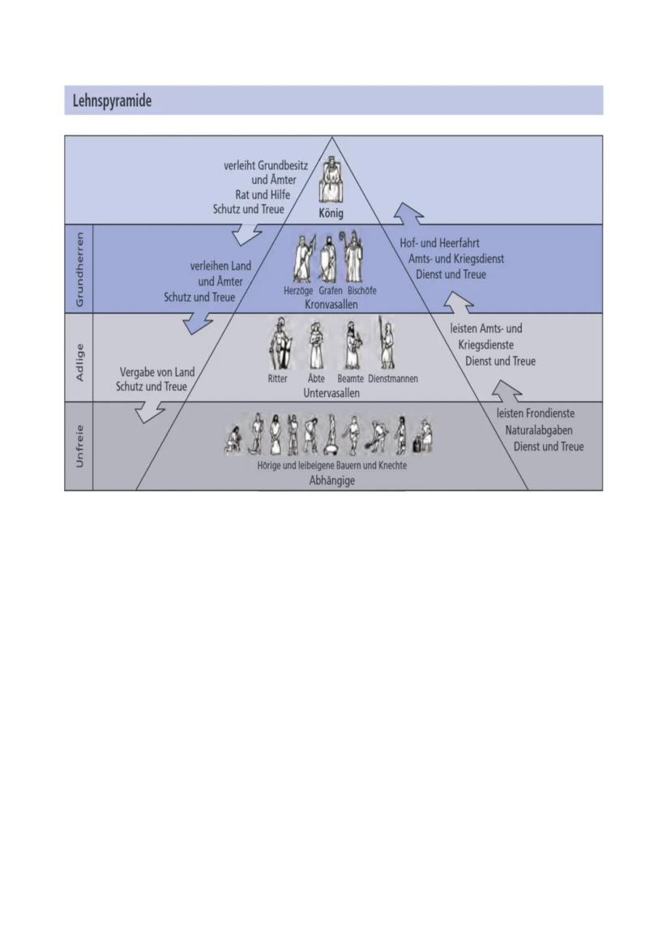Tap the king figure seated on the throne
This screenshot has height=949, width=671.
(x=331, y=182)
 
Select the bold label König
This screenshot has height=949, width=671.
(x=331, y=213)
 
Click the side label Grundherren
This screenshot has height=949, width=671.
(x=79, y=267)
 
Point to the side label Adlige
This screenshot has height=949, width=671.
(x=79, y=358)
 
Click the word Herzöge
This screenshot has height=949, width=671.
(x=298, y=291)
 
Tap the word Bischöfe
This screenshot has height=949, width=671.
(x=361, y=291)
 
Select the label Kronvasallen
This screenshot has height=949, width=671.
(x=331, y=304)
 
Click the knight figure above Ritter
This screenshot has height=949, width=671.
(x=280, y=346)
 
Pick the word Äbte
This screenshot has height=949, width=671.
(x=316, y=378)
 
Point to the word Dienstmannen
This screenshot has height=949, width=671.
(x=393, y=378)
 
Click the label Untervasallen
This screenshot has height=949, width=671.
(x=331, y=392)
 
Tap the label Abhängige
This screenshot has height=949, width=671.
(x=331, y=480)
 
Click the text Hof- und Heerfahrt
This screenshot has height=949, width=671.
(x=440, y=243)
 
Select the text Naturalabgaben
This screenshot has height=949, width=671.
(x=538, y=430)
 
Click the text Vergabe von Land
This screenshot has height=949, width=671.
(x=157, y=372)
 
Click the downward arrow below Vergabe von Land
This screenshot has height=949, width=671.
(x=149, y=413)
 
